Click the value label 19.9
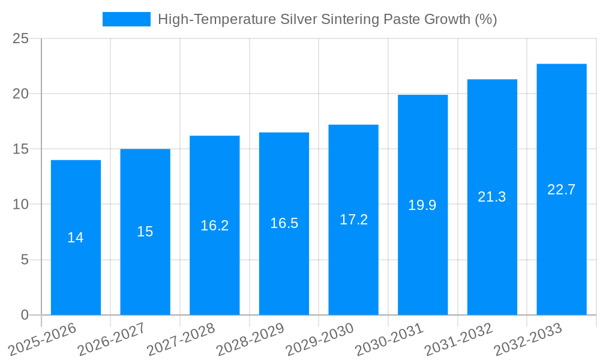point(422,205)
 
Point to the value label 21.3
point(492,197)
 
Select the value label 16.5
point(284,223)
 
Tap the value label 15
point(145,232)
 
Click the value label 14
point(76,238)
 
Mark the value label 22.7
point(562,190)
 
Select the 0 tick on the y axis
point(25,315)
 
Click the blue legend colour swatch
point(127,19)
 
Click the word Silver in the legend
point(300,19)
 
